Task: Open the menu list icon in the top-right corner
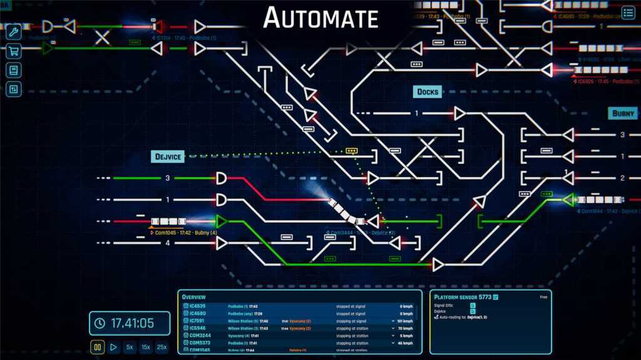click(x=628, y=13)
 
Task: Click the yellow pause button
click(x=98, y=346)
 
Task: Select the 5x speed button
click(x=130, y=346)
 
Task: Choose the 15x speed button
click(x=146, y=346)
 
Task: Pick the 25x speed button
click(x=162, y=346)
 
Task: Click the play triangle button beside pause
click(x=113, y=346)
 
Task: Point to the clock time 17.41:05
click(x=132, y=323)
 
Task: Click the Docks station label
click(x=428, y=92)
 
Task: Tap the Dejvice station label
click(x=168, y=156)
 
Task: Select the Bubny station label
click(x=623, y=114)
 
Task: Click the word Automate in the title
click(x=320, y=18)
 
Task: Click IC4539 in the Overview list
click(x=198, y=306)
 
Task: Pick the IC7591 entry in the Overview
click(x=198, y=321)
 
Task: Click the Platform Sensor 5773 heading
click(x=462, y=297)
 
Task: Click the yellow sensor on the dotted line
click(x=352, y=152)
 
